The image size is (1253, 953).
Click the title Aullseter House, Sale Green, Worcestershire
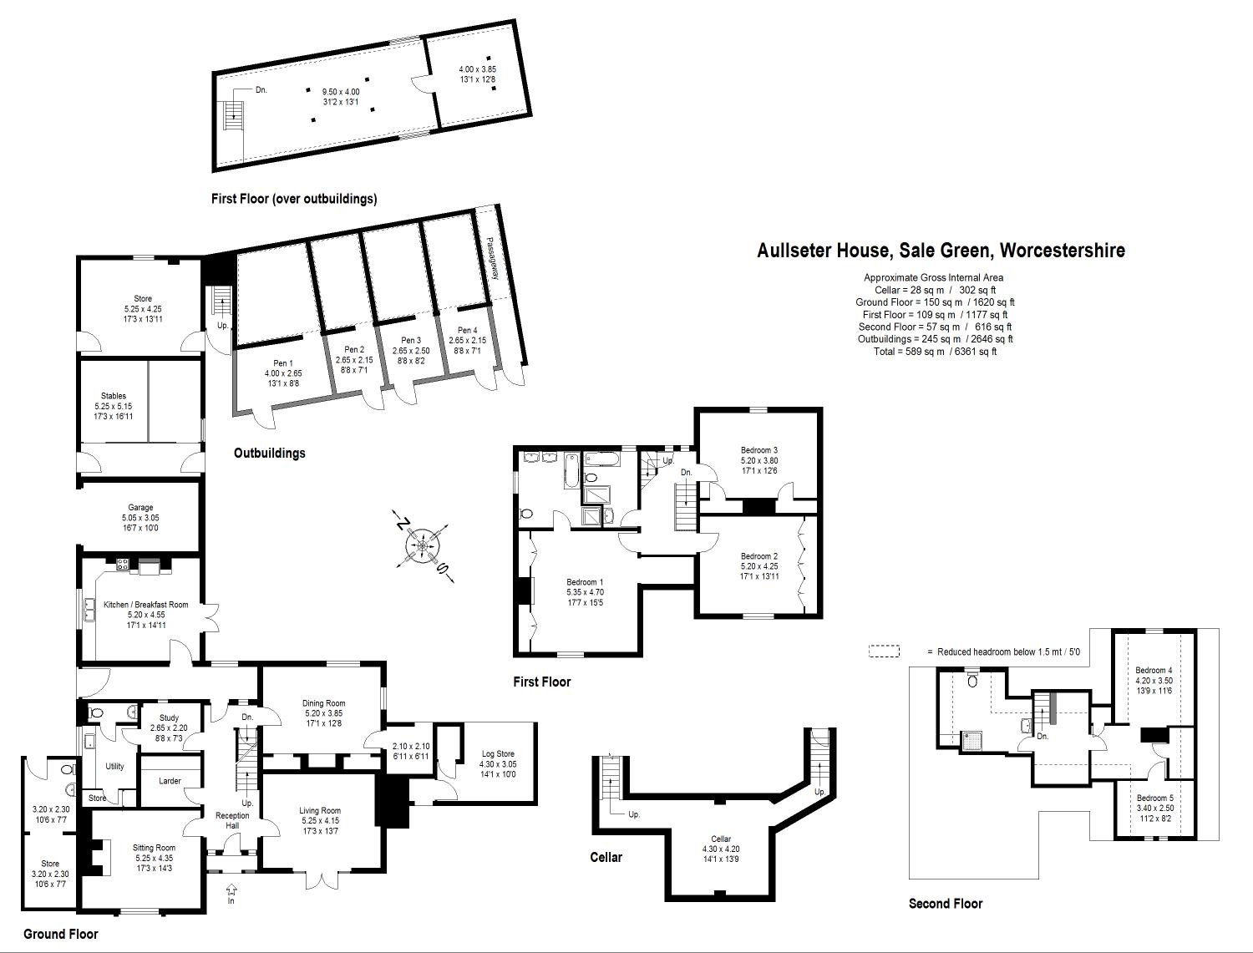[x=941, y=251]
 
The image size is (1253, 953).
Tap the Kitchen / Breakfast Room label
[x=145, y=605]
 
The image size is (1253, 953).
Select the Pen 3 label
[x=410, y=341]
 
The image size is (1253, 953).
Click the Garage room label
[x=140, y=508]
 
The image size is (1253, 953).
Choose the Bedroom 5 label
[x=1154, y=798]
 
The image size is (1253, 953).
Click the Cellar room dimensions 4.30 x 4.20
[x=720, y=849]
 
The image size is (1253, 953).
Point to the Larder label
[x=170, y=782]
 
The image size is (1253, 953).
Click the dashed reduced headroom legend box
[x=884, y=651]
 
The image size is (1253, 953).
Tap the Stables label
[x=114, y=396]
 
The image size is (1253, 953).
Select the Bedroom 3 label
[x=758, y=451]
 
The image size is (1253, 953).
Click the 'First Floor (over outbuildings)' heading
[x=294, y=199]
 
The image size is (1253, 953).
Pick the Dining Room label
[x=323, y=703]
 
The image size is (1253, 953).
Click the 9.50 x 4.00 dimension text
[x=341, y=92]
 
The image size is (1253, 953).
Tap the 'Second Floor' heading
[x=946, y=904]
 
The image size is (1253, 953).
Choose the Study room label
[x=169, y=717]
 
